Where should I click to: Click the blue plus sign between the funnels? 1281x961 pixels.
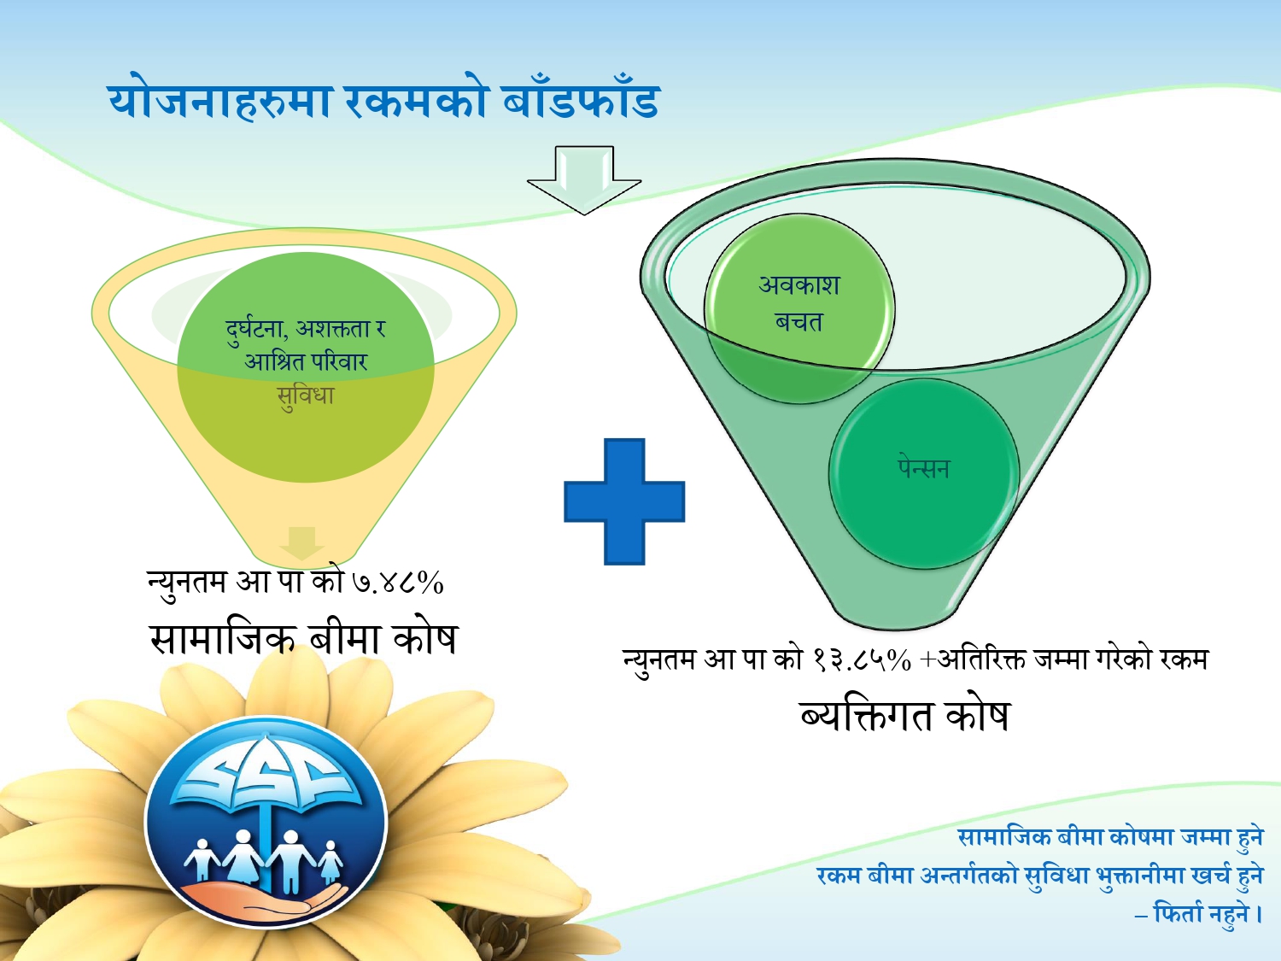(x=624, y=501)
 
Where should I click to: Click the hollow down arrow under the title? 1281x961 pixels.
(x=584, y=179)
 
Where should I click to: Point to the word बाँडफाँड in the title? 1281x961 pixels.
(x=581, y=101)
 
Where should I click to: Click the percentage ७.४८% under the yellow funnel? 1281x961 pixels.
(x=398, y=583)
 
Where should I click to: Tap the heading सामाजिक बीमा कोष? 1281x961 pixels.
(x=303, y=638)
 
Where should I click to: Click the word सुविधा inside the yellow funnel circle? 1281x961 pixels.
(x=306, y=396)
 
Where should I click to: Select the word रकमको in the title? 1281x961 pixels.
(x=416, y=101)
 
